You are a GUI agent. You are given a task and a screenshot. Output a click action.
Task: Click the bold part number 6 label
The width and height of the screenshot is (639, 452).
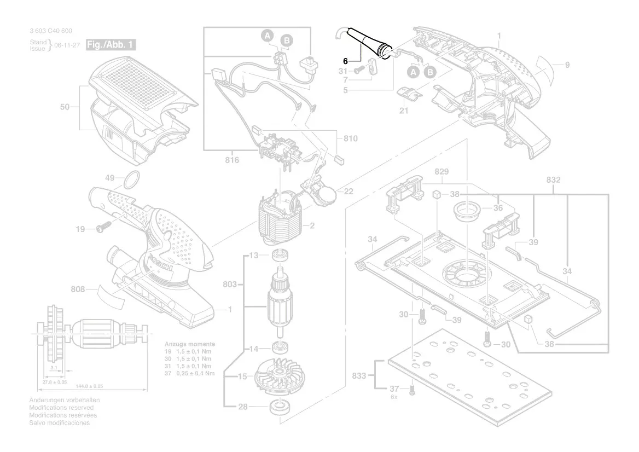346,61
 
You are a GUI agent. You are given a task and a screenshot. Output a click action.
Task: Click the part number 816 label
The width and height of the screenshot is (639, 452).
232,160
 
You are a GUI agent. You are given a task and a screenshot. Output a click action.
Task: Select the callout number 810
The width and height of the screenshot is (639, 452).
350,138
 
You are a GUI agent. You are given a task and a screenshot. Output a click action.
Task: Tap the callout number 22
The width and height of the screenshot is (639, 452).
348,191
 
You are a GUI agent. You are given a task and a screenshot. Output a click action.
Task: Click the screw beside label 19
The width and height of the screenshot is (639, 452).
103,227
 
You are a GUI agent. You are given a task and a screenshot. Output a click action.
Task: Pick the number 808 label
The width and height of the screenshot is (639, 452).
77,289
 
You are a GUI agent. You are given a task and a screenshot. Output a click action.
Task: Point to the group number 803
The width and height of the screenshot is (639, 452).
230,284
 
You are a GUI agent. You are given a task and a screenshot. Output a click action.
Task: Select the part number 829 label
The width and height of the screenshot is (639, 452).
442,172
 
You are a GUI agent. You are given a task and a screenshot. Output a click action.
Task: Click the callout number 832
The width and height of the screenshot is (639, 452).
554,179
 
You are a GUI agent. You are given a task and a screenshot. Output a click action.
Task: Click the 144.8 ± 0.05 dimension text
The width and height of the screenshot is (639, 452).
89,386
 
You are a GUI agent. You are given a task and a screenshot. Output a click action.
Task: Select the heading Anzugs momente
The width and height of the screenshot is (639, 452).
190,344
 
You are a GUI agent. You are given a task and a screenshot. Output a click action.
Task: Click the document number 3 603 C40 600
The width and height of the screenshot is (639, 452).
51,31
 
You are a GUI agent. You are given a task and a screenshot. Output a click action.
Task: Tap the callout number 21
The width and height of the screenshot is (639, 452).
404,111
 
